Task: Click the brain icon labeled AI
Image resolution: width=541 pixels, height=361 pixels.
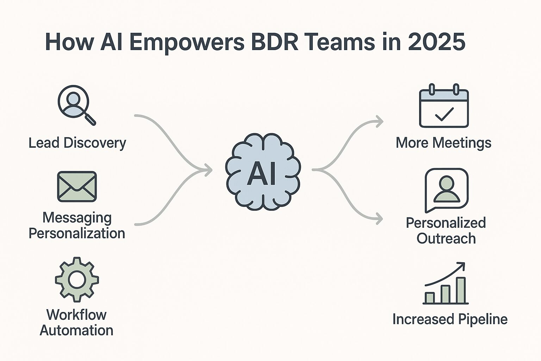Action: [263, 172]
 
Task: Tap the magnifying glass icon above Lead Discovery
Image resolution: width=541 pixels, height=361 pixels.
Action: [76, 104]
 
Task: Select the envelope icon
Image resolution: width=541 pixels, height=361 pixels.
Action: [77, 186]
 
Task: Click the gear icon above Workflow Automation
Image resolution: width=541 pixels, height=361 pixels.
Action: [77, 279]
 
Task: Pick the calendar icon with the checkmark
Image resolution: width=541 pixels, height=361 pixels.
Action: [444, 106]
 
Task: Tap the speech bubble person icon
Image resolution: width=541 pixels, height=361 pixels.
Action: [446, 190]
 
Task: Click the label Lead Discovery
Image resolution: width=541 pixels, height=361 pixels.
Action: [77, 143]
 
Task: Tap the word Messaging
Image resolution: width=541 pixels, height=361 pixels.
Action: [77, 218]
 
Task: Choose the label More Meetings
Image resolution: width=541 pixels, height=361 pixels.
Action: [443, 143]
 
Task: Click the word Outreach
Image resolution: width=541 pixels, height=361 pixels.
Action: [446, 239]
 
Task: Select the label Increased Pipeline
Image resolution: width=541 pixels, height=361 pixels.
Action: [450, 319]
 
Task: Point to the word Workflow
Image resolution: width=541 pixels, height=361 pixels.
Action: [76, 314]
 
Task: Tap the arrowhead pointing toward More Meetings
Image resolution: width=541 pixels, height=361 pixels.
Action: [380, 122]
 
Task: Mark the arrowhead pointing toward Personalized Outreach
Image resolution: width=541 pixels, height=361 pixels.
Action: [380, 219]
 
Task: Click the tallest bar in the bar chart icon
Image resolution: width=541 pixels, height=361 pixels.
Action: [461, 290]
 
